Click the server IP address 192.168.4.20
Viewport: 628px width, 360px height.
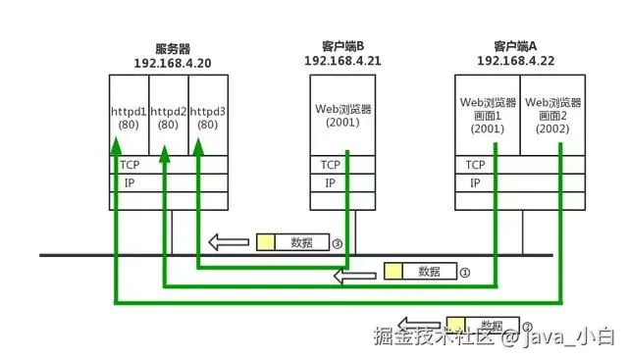[x=173, y=62]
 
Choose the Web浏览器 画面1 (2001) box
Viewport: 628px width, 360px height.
[x=488, y=115]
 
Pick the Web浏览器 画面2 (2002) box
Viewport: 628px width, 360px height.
[x=553, y=115]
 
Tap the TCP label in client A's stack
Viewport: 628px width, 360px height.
[x=476, y=165]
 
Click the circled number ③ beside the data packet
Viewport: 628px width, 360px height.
[x=336, y=243]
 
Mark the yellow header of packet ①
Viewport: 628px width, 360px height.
[x=393, y=272]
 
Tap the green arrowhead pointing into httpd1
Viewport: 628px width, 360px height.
[x=115, y=146]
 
